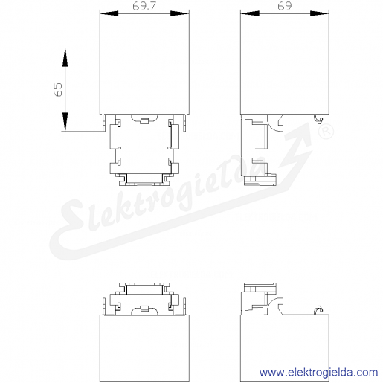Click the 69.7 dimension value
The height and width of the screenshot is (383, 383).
144,6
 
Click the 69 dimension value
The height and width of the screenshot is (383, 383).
285,6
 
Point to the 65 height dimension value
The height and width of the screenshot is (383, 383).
58,89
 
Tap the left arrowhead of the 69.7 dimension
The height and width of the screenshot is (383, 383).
109,13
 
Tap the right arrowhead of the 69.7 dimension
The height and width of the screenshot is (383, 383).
180,13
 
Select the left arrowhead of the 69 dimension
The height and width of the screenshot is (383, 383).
250,13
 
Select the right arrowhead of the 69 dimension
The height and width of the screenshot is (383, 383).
320,13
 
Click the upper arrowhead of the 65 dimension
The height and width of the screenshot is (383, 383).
65,57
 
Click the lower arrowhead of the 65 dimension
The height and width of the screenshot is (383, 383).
65,122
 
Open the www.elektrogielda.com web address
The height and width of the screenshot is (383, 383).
319,373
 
